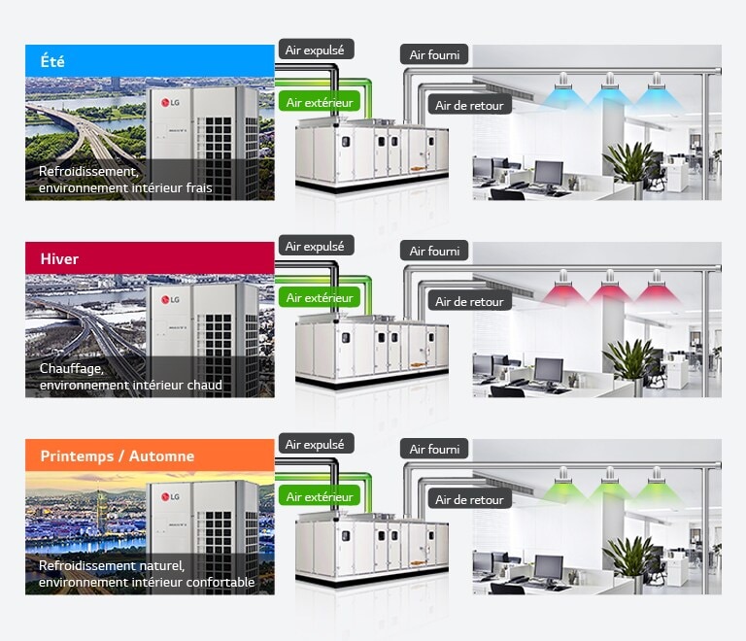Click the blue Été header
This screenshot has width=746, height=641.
point(150,60)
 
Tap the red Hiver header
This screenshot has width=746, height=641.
point(150,258)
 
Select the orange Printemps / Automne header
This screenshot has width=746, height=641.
point(150,455)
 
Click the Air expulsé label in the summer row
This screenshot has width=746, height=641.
point(315,49)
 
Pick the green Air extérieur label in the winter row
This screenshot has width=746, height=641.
point(320,297)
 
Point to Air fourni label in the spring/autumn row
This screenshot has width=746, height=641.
point(434,449)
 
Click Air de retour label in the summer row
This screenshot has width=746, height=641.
point(469,105)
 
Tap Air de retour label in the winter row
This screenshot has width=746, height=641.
point(469,302)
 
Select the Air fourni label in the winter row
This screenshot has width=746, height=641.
point(434,252)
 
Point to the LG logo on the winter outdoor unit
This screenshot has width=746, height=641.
point(170,301)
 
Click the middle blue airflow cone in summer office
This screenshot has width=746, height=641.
point(609,94)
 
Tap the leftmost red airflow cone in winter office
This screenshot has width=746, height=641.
point(562,291)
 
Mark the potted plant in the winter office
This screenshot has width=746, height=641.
point(630,363)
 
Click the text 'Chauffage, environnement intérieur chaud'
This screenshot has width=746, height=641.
point(130,377)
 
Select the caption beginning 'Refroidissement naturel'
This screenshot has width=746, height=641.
point(146,573)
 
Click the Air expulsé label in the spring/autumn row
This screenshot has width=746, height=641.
point(315,444)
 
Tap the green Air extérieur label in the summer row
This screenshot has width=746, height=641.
point(320,100)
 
